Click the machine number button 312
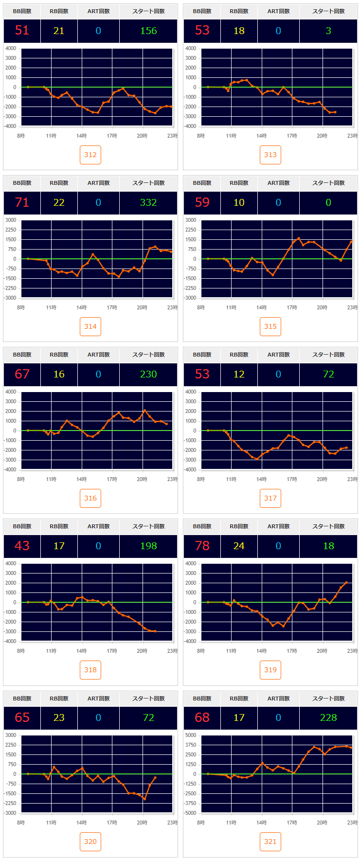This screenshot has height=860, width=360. [90, 155]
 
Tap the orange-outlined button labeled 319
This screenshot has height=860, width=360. [270, 670]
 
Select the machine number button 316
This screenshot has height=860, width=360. [90, 498]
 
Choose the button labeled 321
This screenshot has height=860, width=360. [270, 842]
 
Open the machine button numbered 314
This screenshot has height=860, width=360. [90, 326]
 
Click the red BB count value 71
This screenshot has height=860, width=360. [22, 202]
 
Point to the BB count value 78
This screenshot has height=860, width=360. [202, 546]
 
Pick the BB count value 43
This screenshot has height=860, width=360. [22, 546]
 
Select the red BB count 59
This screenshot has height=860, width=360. [202, 202]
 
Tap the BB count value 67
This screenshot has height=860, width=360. [22, 374]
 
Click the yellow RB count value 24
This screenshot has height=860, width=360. [239, 546]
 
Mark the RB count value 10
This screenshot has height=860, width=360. [239, 202]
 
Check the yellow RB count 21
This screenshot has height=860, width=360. [59, 31]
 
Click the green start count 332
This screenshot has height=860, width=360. [148, 202]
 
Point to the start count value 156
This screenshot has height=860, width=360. [148, 31]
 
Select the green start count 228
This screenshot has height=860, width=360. [328, 717]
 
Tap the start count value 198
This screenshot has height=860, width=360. [148, 546]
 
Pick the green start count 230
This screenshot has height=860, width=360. [148, 374]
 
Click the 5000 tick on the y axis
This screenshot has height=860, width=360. [191, 735]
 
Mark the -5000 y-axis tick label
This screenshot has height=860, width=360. [190, 813]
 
